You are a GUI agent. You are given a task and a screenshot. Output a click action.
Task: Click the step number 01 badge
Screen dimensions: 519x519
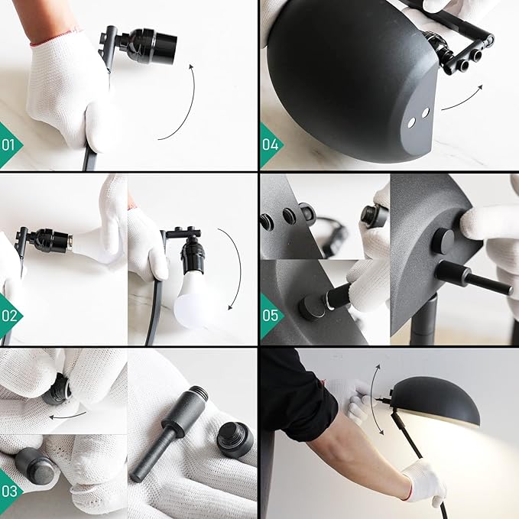[10, 145]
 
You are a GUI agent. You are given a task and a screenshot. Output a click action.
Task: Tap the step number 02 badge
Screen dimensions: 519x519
[10, 316]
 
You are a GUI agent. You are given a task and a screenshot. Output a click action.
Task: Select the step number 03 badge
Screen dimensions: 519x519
[10, 491]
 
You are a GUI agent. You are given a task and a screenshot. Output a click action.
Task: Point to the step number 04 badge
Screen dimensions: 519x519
[271, 145]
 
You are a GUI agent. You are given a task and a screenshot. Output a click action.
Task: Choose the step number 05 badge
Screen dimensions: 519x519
[271, 316]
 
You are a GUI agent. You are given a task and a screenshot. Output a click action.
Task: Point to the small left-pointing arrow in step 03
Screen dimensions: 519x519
[67, 415]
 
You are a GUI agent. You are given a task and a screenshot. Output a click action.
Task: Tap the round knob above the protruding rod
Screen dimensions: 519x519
[443, 240]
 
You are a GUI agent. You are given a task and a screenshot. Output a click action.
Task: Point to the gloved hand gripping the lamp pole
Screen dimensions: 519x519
[423, 481]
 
